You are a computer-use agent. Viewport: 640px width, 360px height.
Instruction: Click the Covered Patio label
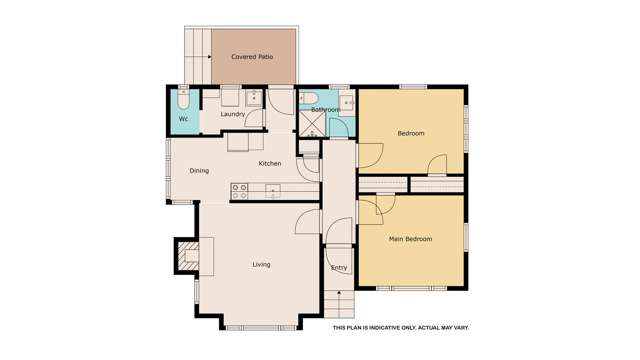pyautogui.click(x=252, y=57)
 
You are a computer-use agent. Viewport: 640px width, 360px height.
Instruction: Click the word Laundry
pyautogui.click(x=233, y=115)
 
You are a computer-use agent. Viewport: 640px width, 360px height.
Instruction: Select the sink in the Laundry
pyautogui.click(x=253, y=98)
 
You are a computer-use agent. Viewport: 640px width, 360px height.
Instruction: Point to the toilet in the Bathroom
pyautogui.click(x=309, y=98)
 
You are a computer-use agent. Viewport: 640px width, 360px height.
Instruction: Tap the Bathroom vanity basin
pyautogui.click(x=346, y=102)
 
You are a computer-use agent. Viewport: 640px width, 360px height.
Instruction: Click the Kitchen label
pyautogui.click(x=270, y=163)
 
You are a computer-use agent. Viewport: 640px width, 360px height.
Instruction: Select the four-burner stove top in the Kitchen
pyautogui.click(x=240, y=190)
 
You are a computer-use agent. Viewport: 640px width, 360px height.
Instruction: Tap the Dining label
pyautogui.click(x=199, y=171)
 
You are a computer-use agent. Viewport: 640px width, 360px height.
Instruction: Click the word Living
pyautogui.click(x=261, y=265)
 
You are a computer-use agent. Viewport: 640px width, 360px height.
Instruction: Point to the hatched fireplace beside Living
pyautogui.click(x=187, y=257)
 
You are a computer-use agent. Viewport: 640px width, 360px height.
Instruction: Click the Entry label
pyautogui.click(x=339, y=268)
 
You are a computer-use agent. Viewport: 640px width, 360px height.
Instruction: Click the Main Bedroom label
pyautogui.click(x=410, y=239)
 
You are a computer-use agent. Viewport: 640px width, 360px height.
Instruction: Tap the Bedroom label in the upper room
pyautogui.click(x=410, y=133)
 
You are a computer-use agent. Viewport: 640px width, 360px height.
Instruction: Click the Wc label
pyautogui.click(x=183, y=120)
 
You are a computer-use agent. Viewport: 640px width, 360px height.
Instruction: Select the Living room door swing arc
pyautogui.click(x=308, y=222)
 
